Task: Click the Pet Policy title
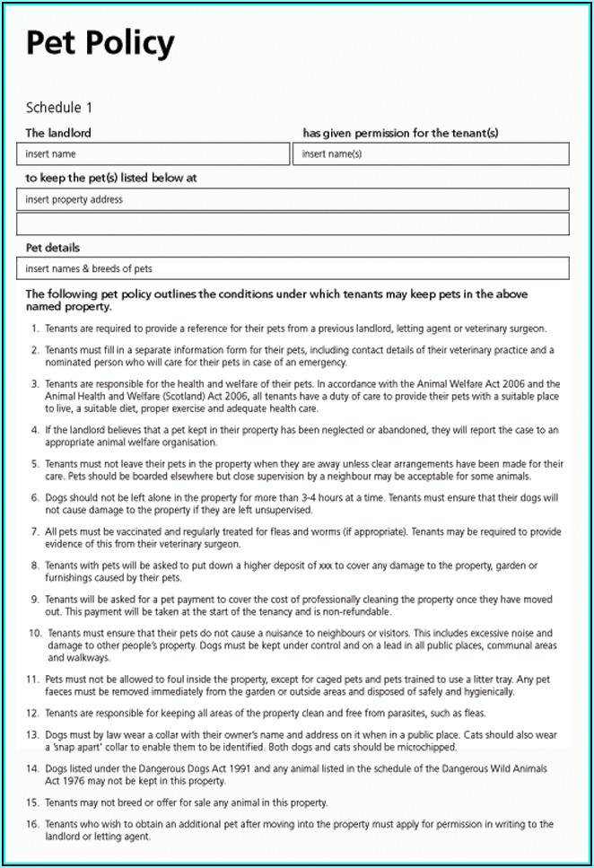100,42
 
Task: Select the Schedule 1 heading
58,108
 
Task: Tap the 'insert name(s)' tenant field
430,154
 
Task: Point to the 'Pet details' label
52,247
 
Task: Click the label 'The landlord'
57,133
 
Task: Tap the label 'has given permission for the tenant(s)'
400,133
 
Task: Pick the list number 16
32,824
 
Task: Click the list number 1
34,329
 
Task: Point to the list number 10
32,633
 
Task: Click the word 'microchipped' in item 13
426,747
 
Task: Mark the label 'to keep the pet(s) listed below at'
110,178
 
